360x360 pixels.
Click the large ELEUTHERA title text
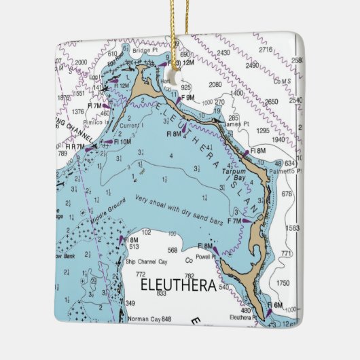click(x=178, y=284)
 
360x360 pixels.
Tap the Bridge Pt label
click(x=145, y=51)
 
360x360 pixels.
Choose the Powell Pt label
click(x=207, y=257)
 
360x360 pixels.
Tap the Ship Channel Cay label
click(x=146, y=262)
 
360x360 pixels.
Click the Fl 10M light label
click(x=122, y=141)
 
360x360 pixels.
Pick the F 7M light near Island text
click(x=234, y=221)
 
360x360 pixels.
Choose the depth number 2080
click(x=215, y=85)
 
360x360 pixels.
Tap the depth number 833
click(x=161, y=293)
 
